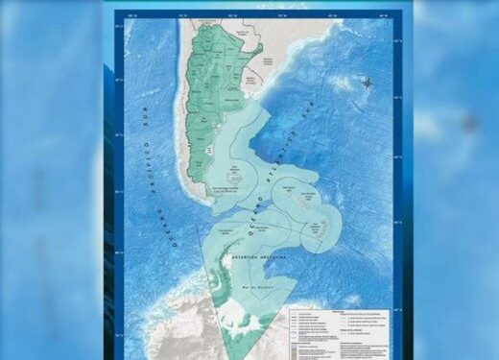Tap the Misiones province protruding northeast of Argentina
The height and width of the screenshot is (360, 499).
[257, 47]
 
